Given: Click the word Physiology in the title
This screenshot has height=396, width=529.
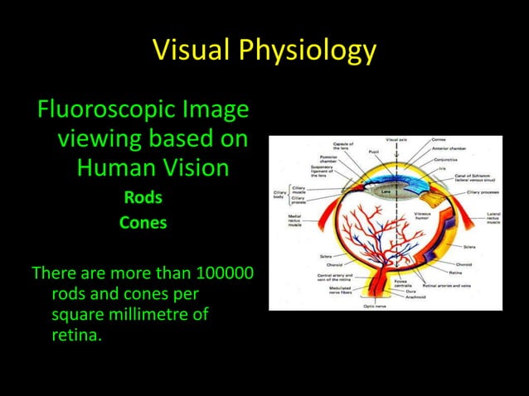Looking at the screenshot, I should (306, 51).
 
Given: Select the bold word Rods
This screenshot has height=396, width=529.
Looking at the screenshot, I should (143, 198).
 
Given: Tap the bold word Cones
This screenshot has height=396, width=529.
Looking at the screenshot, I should (143, 223).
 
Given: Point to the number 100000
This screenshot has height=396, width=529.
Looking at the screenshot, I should (225, 273).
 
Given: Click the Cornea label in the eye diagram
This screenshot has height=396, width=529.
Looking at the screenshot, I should (440, 140).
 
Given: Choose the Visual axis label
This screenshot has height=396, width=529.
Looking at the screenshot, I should (396, 140).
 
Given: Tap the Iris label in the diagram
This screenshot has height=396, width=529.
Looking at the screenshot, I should (444, 168).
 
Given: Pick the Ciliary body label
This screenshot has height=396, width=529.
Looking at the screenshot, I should (279, 196).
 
